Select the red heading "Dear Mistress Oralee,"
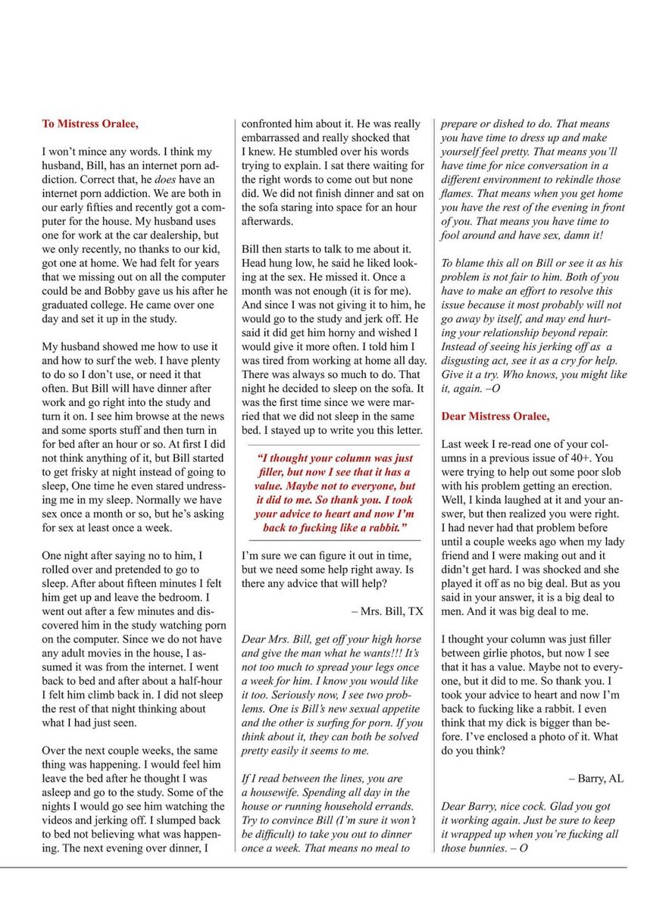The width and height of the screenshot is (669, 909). point(495,417)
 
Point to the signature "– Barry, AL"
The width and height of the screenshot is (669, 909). point(596,778)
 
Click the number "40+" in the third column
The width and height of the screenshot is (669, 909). point(579,458)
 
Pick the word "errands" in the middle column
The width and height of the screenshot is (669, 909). point(392,806)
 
